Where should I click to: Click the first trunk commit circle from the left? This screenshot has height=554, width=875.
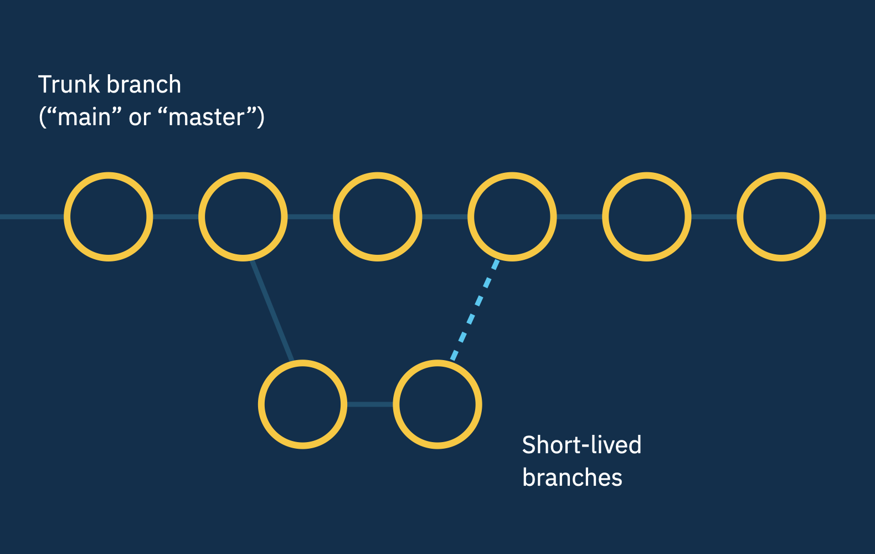[109, 217]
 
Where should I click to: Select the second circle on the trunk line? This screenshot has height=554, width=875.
[243, 217]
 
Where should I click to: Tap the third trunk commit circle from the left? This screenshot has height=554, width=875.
[378, 217]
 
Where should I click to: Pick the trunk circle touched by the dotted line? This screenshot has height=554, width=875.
[512, 217]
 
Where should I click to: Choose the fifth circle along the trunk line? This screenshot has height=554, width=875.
[647, 217]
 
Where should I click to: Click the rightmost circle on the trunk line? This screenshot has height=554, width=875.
[781, 217]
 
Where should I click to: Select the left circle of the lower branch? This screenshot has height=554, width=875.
[302, 404]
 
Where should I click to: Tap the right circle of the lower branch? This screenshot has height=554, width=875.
[437, 404]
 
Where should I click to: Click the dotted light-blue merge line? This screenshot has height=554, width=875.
[475, 310]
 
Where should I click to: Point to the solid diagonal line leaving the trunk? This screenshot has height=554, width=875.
[271, 310]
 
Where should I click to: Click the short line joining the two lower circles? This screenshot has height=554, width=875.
[370, 404]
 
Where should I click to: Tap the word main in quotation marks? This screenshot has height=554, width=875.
[85, 117]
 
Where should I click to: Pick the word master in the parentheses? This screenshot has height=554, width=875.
[206, 117]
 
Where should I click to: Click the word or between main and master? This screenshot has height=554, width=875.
[140, 118]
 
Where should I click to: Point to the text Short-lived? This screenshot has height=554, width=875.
[581, 445]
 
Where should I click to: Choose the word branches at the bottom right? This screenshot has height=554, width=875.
[572, 478]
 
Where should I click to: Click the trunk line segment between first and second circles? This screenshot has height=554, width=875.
[176, 217]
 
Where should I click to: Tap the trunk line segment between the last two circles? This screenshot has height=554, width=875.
[714, 217]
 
